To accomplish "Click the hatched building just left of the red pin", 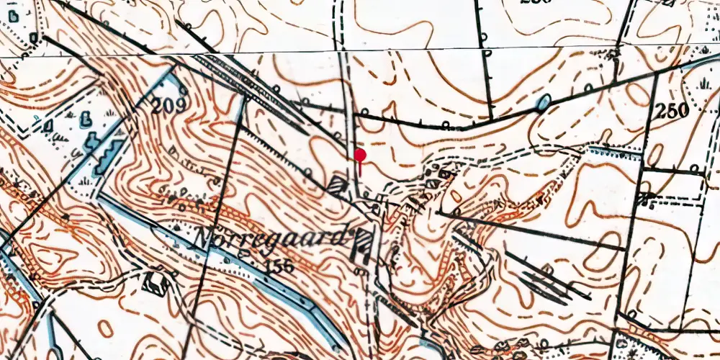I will pos(337,184).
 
